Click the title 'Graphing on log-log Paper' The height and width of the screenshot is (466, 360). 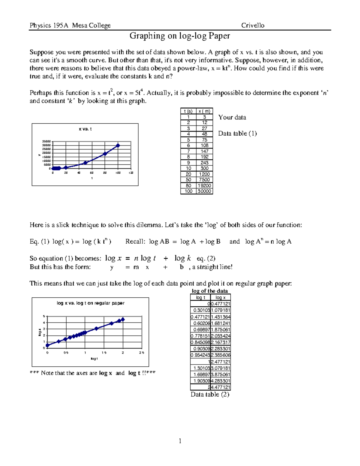pos(180,36)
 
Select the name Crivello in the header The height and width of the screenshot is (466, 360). pos(253,26)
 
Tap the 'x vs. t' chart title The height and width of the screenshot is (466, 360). pos(85,129)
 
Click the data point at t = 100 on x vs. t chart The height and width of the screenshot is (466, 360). pos(118,146)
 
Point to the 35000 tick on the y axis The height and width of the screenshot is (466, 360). pos(46,141)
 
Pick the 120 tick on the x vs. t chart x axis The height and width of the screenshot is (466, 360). pos(131,173)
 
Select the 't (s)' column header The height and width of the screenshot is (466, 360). pos(188,111)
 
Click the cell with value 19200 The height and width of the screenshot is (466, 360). pos(204,185)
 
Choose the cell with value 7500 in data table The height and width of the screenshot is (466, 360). pos(204,180)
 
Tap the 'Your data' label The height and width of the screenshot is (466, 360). pos(232,117)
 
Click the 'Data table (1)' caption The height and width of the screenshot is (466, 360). pos(237,134)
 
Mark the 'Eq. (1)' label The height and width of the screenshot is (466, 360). pos(39,242)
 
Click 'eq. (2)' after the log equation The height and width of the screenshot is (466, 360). pos(206,259)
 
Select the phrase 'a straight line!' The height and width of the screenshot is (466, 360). pos(212,267)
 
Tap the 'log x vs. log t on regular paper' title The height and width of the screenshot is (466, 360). pos(91,303)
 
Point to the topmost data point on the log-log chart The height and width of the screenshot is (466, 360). pos(123,320)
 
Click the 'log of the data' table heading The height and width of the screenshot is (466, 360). pos(210,291)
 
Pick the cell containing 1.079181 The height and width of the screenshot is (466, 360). pos(220,310)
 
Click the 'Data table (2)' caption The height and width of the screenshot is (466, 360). pos(210,395)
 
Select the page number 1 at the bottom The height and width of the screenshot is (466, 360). pos(180,441)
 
